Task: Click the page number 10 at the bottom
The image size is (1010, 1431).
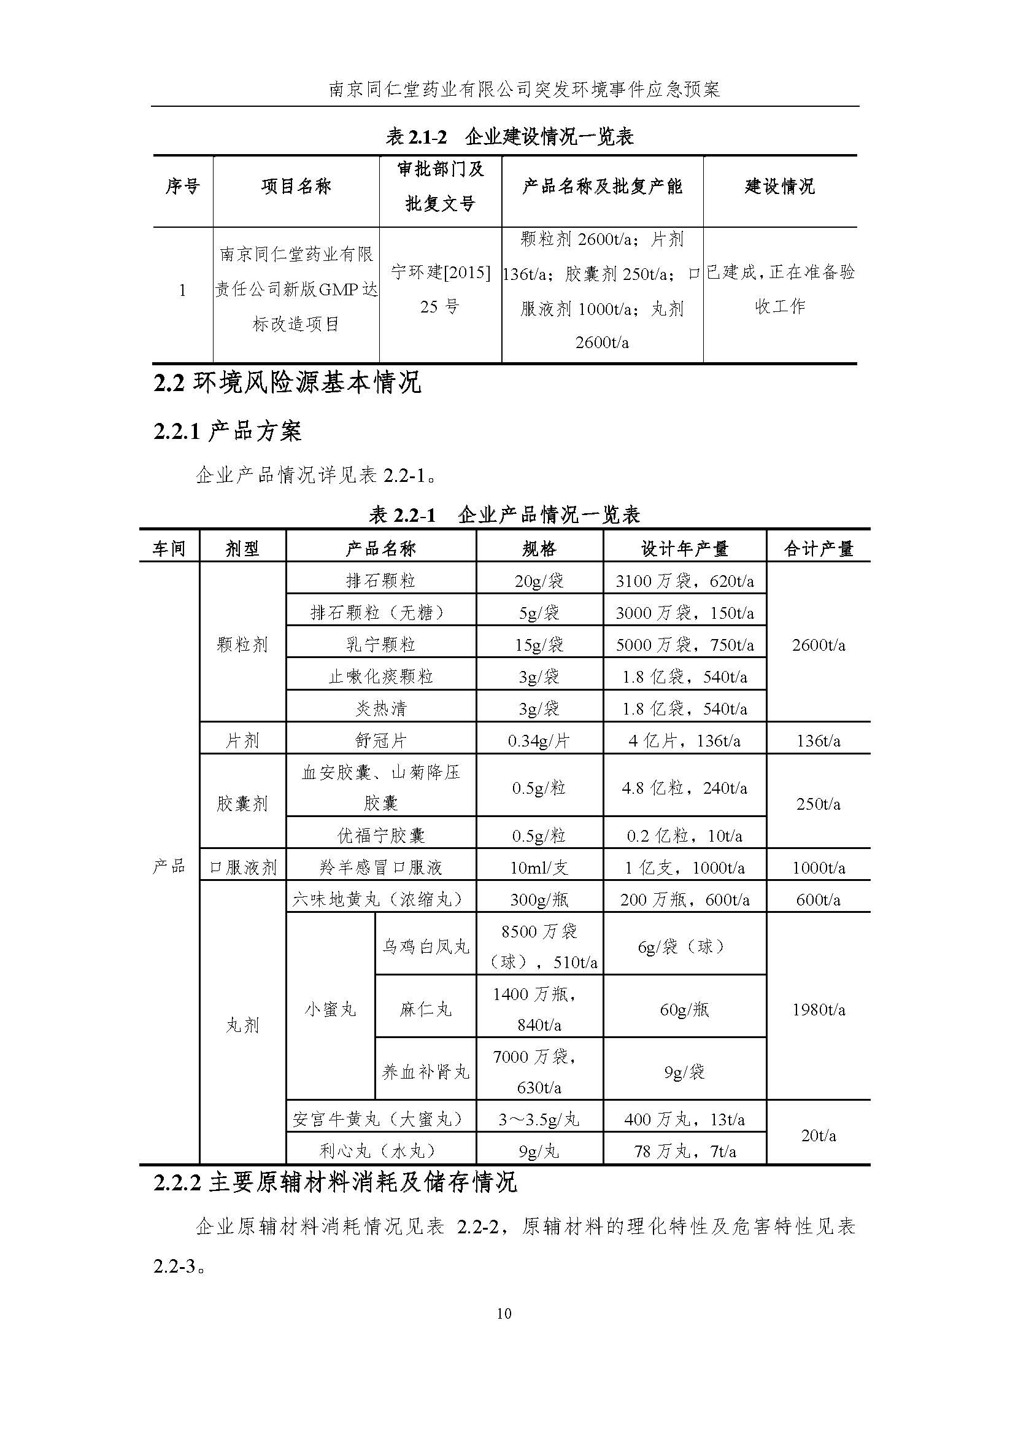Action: coord(504,1313)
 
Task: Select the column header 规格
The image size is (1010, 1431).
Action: coord(539,548)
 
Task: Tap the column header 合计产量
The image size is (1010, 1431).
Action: coord(818,548)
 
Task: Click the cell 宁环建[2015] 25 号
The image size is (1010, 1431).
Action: coord(441,289)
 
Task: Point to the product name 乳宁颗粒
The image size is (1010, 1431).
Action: coord(380,645)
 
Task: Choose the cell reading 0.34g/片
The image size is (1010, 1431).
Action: coord(539,740)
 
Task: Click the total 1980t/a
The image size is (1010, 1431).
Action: coord(818,1010)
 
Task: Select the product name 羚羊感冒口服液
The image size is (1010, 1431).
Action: coord(380,867)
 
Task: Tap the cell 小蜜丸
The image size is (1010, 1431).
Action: coord(330,1010)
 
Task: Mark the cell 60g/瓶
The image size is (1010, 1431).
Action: coord(684,1010)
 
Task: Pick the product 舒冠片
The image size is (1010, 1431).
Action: coord(380,740)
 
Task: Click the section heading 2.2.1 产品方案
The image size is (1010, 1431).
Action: coord(228,432)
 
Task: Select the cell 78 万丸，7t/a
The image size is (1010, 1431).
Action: coord(684,1151)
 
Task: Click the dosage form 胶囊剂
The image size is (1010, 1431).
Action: coord(242,804)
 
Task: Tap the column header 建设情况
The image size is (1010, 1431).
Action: coord(779,186)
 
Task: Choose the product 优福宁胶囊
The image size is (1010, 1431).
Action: coord(380,835)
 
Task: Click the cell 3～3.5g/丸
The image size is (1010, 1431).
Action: coord(539,1119)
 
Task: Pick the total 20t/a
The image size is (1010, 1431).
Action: coord(818,1136)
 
